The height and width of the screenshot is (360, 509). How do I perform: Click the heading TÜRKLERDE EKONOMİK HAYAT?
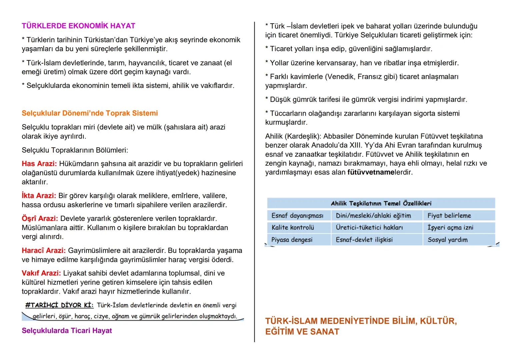point(78,26)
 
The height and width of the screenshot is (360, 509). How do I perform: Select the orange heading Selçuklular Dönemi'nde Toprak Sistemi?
point(90,113)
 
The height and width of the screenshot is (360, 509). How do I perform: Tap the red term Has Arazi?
point(39,164)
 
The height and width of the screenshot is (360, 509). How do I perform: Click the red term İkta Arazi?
point(39,196)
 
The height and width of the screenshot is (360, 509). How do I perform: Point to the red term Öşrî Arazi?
point(40,219)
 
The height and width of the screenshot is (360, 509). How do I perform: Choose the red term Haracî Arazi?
point(43,250)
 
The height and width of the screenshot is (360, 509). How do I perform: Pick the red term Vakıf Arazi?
point(41,273)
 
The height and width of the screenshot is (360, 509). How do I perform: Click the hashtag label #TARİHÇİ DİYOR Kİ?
point(59,305)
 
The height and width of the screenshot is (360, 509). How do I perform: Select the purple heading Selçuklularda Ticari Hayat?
point(67,331)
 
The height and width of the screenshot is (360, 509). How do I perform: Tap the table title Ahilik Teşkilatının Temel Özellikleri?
point(381,203)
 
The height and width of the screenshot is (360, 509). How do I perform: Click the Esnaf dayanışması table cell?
point(297,216)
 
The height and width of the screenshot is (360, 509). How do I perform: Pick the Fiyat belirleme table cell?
point(449,216)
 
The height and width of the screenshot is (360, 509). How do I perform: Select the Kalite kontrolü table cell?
point(293,228)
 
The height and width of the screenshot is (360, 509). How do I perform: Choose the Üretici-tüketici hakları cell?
point(369,228)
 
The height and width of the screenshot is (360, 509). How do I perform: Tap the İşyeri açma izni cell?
point(450,228)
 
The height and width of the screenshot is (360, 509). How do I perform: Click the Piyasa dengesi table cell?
point(292,240)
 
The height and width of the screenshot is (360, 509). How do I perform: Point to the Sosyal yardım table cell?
point(447,240)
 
